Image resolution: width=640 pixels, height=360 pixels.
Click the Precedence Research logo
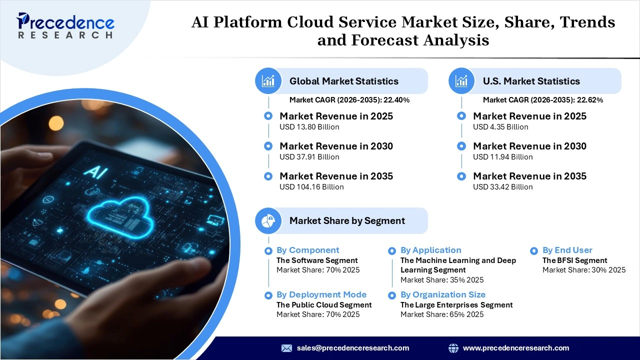coord(65,25)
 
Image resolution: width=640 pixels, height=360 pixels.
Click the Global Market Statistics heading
coord(343,81)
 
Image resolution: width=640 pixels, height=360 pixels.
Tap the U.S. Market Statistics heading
coord(531,81)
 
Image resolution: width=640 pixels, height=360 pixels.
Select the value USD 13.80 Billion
coord(309,127)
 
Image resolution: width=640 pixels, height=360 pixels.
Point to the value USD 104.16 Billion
coord(311,187)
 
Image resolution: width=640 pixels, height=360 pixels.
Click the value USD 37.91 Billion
coord(309,157)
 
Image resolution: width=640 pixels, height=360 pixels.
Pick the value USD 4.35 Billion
coord(500,127)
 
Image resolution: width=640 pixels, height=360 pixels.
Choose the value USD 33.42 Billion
coord(502,187)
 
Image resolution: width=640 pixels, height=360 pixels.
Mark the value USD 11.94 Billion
coord(502,157)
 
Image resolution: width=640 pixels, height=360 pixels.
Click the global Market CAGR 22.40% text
coord(349,100)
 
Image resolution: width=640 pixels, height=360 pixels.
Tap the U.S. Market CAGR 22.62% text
coord(542,100)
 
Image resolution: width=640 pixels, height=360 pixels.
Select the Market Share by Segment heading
coord(347,220)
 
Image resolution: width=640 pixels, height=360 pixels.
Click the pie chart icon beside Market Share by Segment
coord(268,220)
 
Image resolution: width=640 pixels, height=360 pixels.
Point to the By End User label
coord(567,250)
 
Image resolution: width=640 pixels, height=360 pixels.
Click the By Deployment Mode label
coord(321,294)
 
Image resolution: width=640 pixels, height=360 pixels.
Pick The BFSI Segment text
coord(574,260)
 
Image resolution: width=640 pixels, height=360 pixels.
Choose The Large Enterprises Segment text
coord(456,304)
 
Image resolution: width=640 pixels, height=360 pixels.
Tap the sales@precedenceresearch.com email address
coord(352,348)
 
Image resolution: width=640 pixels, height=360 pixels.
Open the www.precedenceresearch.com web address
coord(515,348)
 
